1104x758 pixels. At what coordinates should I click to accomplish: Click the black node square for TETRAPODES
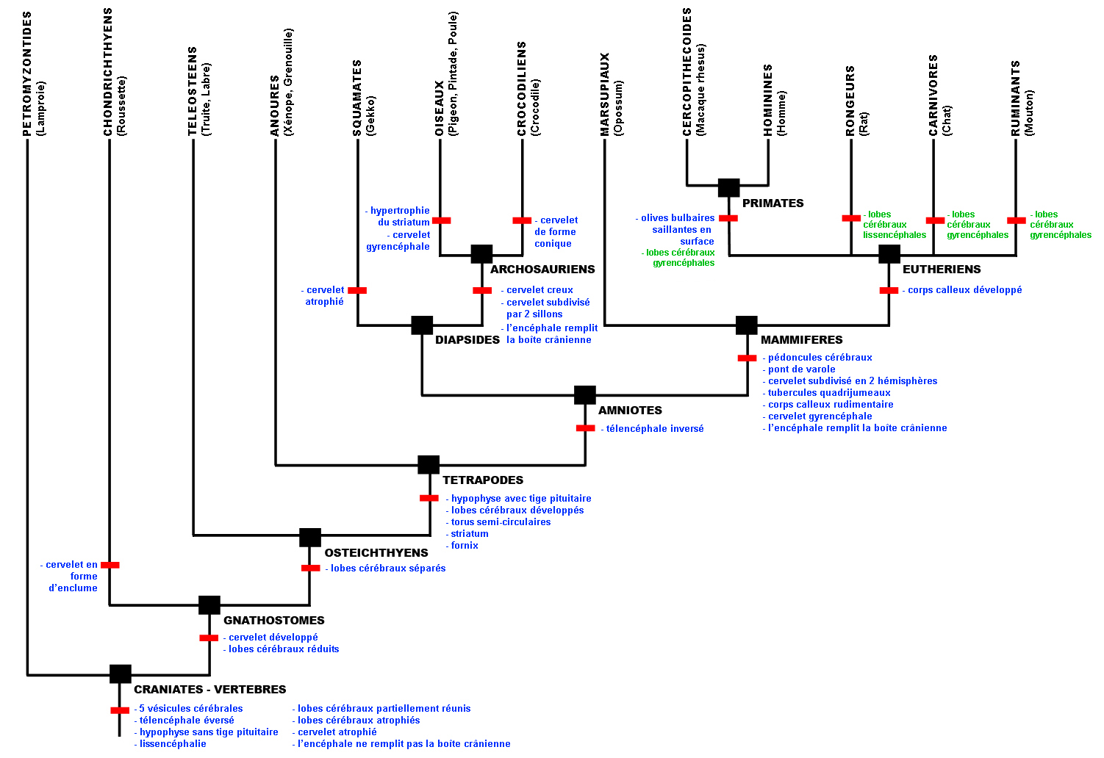point(429,465)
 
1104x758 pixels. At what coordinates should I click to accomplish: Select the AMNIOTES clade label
point(630,411)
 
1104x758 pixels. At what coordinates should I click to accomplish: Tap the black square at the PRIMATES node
point(728,188)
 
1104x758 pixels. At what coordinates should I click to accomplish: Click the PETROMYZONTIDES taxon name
point(28,73)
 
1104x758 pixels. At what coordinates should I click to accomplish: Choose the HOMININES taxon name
point(768,100)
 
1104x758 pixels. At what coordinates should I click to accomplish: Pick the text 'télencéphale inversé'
point(654,429)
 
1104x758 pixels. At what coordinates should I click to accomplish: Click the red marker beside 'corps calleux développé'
point(889,291)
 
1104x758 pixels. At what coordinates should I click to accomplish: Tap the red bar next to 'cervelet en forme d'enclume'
point(110,565)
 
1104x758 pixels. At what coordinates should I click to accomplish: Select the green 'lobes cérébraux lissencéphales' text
point(894,225)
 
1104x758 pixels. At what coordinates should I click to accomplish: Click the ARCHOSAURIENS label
point(542,270)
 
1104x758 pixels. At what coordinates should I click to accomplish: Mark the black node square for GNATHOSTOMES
point(209,605)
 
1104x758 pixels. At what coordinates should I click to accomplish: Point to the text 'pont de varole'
point(801,369)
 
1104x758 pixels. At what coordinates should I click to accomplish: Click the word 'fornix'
point(464,546)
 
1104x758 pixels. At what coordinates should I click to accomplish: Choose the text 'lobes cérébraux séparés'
point(387,568)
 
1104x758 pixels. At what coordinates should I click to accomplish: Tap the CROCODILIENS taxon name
point(522,88)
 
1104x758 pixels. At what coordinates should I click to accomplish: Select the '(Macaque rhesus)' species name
point(701,89)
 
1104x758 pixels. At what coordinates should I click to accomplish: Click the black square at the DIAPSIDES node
point(422,325)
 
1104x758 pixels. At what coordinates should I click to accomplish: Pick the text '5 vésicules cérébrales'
point(190,709)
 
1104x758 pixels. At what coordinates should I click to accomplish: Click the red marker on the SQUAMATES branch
point(357,291)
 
